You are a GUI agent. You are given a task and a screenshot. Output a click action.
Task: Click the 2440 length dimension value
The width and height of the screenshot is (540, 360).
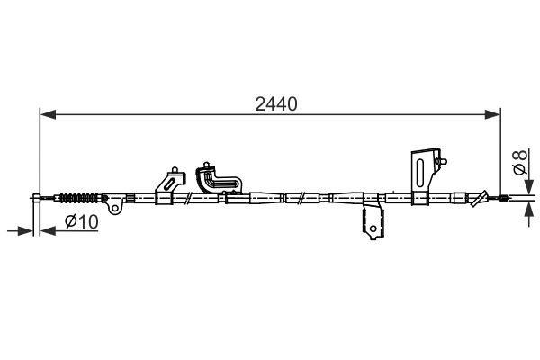pyautogui.click(x=274, y=103)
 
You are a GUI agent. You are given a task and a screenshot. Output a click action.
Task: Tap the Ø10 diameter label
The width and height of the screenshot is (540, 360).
pyautogui.click(x=82, y=222)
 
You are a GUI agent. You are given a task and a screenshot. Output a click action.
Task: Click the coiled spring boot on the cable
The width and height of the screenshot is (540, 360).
pyautogui.click(x=79, y=196)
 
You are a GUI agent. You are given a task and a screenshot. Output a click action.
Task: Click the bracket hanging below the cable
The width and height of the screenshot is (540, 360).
pyautogui.click(x=369, y=221)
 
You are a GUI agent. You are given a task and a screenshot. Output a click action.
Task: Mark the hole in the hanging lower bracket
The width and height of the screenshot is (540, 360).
pyautogui.click(x=369, y=237)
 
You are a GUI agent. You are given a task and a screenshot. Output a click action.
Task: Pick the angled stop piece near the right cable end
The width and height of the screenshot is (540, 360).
pyautogui.click(x=484, y=197)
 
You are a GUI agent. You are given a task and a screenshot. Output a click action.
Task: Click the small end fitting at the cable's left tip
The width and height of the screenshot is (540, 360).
pyautogui.click(x=38, y=197)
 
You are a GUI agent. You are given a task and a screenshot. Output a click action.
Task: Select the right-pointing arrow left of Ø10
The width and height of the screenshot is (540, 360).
pyautogui.click(x=23, y=231)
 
